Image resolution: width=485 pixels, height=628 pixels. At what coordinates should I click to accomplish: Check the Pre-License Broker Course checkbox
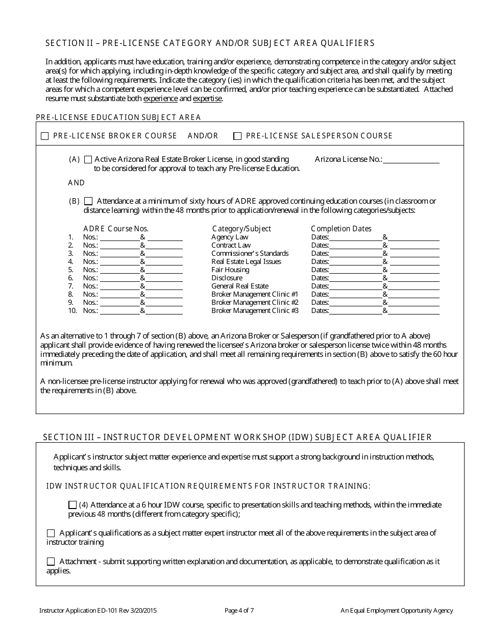pos(44,136)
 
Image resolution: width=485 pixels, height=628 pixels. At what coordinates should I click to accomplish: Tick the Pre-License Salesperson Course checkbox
pos(237,136)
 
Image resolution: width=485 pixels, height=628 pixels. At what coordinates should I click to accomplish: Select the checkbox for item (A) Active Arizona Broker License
pos(88,159)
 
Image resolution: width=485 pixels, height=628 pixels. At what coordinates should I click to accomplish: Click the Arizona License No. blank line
pos(411,160)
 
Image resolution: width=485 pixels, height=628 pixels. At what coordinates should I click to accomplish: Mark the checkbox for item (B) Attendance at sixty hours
pos(88,201)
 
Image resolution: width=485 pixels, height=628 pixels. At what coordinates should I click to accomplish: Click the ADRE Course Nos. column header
pos(116,229)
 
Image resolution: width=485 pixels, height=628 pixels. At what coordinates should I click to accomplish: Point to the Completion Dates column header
pos(341,229)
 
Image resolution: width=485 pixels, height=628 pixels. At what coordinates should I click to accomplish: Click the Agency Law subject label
pos(230,237)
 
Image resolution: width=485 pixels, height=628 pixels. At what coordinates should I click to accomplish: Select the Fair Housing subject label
pos(230,270)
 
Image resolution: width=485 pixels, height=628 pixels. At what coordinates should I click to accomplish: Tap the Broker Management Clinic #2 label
pos(255,302)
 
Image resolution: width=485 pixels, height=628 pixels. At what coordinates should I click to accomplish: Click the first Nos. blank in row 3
pos(119,254)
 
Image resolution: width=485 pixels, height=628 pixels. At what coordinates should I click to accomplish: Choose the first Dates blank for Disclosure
pos(356,278)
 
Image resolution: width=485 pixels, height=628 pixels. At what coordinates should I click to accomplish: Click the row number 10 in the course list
pos(72,310)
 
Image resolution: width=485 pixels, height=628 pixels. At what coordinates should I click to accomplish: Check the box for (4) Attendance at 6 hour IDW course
pos(72,505)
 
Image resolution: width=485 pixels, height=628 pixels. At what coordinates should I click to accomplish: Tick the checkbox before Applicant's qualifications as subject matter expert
pos(51,534)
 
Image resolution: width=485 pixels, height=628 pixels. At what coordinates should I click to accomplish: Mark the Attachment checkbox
pos(51,562)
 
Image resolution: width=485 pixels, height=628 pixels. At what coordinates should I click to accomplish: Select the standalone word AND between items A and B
pos(76,183)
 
